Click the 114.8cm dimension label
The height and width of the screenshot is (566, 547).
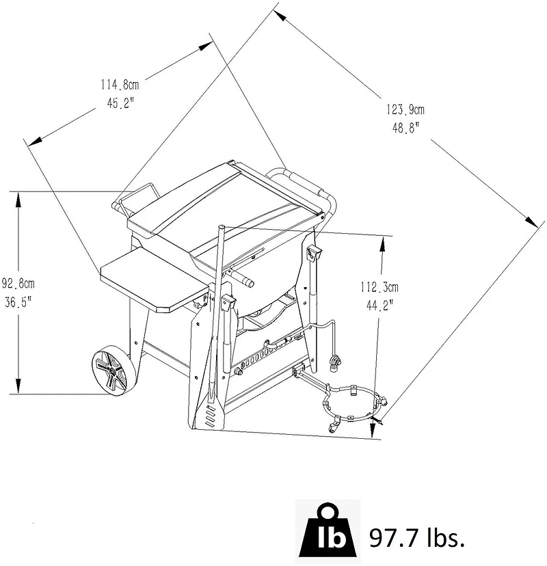(120, 85)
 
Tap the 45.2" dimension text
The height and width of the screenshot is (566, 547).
(120, 103)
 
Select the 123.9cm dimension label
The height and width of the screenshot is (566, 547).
(405, 109)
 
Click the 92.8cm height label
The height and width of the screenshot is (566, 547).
(18, 284)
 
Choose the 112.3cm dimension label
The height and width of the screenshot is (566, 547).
(379, 287)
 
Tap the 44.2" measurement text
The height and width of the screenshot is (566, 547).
(379, 306)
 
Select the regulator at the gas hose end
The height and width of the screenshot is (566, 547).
(336, 362)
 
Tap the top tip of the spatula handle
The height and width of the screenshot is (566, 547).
(222, 227)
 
